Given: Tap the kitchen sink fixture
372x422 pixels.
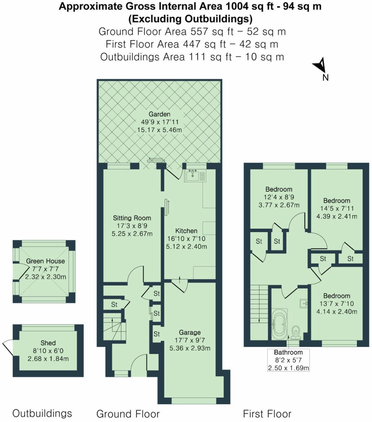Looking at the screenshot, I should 193,175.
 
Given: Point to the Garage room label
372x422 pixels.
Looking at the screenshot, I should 189,332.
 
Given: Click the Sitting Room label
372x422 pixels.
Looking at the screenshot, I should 132,218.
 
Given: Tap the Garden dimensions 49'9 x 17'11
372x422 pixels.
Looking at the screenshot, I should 159,122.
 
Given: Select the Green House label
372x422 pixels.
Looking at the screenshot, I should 45,261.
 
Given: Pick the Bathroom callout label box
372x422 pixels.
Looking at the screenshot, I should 288,360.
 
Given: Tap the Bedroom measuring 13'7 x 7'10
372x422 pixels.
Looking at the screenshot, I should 336,296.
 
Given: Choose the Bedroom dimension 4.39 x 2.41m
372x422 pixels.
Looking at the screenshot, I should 337,216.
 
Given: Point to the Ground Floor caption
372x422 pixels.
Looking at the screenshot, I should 128,414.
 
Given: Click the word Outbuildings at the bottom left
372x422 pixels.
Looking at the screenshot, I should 42,413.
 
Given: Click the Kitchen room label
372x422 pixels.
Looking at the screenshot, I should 186,231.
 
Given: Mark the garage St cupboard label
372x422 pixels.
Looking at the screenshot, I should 157,334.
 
